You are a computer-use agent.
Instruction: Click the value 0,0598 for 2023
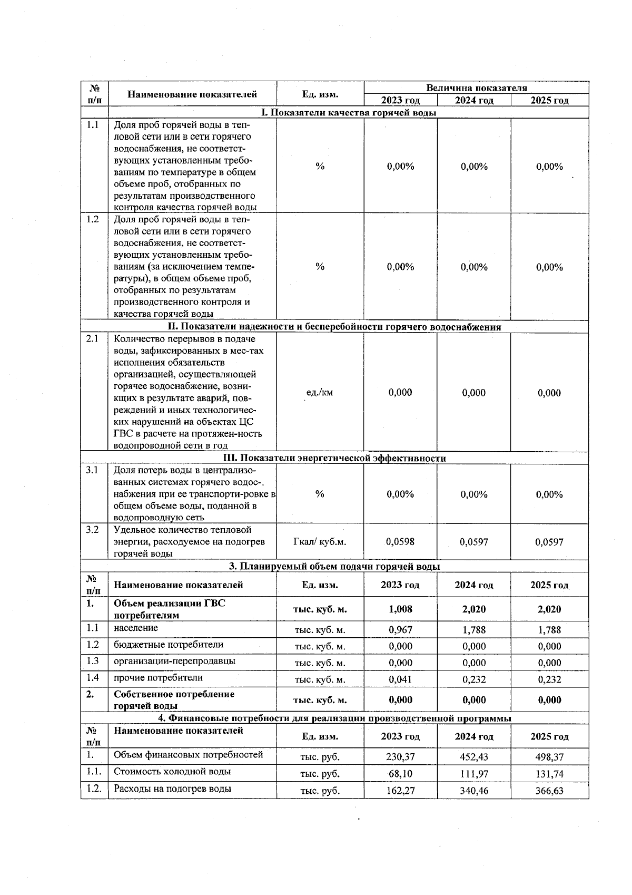tap(400, 541)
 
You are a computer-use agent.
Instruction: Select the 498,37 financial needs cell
tap(549, 757)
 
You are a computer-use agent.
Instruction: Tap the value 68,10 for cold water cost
tap(400, 774)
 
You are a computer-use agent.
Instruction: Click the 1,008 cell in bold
tap(400, 609)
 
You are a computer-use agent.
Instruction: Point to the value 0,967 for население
tap(400, 630)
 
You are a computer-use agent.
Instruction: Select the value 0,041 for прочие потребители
tap(400, 679)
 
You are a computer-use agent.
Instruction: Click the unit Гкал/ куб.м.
tap(320, 541)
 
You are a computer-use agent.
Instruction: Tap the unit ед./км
tap(320, 393)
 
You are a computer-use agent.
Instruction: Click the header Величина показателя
tap(476, 88)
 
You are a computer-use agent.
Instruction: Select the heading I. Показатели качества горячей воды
tap(349, 112)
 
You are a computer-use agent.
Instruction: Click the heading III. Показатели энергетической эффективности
tap(335, 458)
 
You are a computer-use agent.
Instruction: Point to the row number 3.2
tap(93, 530)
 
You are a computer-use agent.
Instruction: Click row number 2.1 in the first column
tap(93, 339)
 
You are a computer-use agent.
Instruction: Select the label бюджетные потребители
tap(169, 645)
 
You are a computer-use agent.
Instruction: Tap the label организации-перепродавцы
tap(174, 661)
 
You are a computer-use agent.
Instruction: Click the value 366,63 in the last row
tap(549, 791)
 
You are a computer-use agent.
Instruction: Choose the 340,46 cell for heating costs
tap(474, 791)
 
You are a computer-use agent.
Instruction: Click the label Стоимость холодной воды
tap(172, 772)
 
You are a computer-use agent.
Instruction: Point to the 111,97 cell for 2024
tap(474, 774)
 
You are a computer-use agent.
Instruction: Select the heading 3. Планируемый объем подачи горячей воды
tap(335, 567)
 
